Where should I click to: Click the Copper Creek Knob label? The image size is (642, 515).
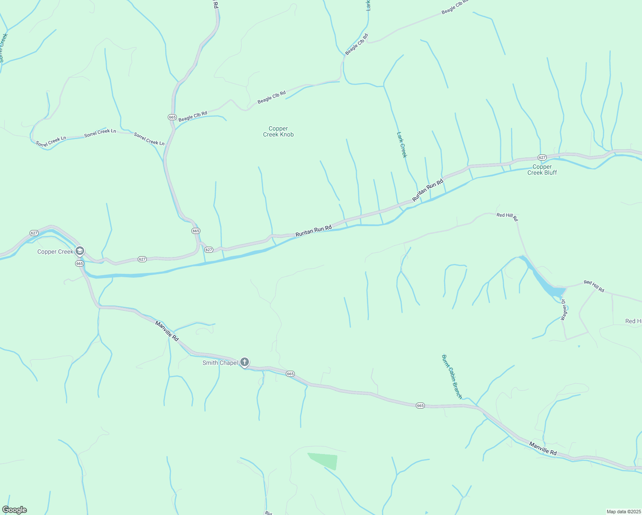click(x=278, y=131)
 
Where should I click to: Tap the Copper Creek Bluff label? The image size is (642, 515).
click(x=542, y=170)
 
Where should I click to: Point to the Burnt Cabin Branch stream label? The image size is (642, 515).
click(x=451, y=376)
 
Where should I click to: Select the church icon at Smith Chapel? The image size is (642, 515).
click(x=245, y=362)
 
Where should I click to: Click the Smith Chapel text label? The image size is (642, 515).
click(x=220, y=363)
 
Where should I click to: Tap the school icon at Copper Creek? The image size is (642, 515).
click(x=79, y=251)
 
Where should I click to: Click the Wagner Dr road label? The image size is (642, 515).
click(x=563, y=309)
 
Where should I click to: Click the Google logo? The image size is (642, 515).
click(x=15, y=510)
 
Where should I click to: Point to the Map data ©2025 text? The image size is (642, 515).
click(x=623, y=512)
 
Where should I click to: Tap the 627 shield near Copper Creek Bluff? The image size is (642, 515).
click(x=542, y=158)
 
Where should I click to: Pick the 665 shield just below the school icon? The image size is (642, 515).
click(x=79, y=264)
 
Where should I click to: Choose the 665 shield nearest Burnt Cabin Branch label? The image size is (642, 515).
click(x=420, y=406)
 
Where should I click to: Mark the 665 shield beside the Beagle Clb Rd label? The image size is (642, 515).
click(x=172, y=117)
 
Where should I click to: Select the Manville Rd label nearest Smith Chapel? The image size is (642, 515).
click(x=167, y=331)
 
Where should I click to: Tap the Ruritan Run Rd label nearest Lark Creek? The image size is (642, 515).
click(x=427, y=191)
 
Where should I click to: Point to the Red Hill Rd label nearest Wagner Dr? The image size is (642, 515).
click(x=594, y=286)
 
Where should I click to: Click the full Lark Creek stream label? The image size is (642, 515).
click(x=401, y=145)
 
